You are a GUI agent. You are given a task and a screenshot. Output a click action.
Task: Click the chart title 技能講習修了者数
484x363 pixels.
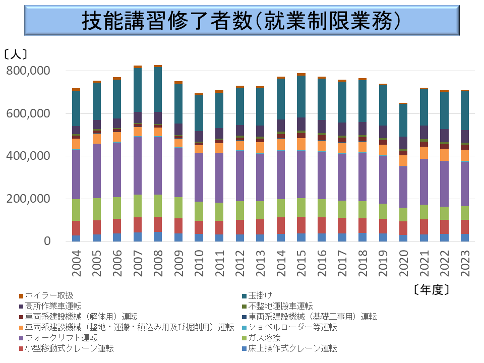point(241,21)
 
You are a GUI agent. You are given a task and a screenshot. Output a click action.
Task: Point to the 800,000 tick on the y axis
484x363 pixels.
point(29,71)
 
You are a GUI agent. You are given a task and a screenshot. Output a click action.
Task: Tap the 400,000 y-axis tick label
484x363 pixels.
point(29,156)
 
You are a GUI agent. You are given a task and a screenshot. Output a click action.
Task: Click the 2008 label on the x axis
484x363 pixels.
point(158,264)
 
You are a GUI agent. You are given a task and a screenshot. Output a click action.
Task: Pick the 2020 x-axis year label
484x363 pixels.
point(403,264)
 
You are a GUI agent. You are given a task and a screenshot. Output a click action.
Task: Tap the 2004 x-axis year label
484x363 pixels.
point(77,264)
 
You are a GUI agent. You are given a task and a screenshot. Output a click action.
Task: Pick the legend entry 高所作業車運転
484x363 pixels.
point(53,306)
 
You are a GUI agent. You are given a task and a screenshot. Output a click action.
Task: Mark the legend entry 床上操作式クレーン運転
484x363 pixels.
point(292,348)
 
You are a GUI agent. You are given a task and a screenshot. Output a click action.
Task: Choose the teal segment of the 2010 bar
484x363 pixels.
point(199,113)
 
